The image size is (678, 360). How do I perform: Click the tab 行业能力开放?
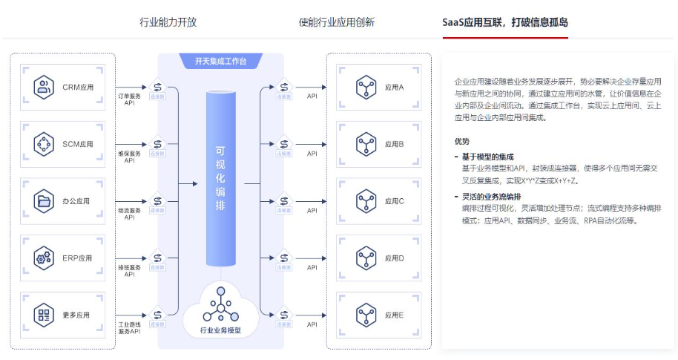coord(168,22)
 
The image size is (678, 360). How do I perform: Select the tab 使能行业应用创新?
coord(337,22)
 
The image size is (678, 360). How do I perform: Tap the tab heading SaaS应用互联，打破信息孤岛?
coord(504,22)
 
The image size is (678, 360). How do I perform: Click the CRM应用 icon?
coord(45,88)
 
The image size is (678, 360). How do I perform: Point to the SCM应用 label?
coord(78,144)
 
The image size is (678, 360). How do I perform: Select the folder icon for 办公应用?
coord(45,200)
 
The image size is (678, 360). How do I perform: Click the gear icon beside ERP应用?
coord(45,258)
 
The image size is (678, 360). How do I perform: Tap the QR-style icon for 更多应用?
coord(45,315)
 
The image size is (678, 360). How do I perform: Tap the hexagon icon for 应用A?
coord(364,88)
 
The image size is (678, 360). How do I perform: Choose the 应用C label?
coord(395,201)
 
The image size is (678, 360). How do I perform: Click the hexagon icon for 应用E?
coord(364,315)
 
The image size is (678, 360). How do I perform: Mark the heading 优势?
coord(462,141)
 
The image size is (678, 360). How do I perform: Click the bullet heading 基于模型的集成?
coord(487,157)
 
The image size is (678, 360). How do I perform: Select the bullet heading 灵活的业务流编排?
coord(492,197)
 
